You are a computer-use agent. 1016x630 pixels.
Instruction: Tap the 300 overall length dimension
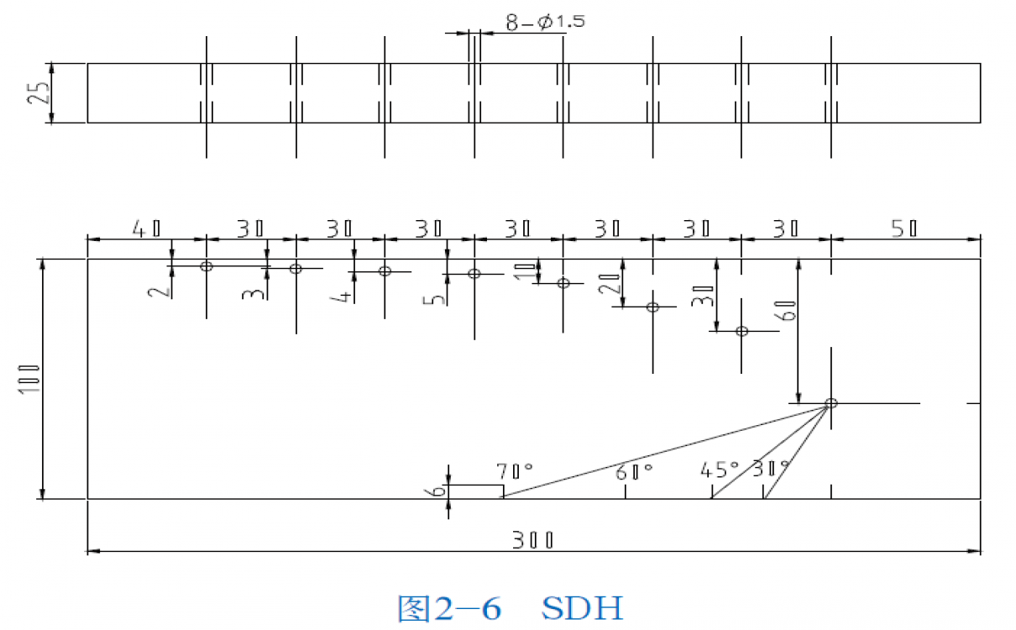click(x=533, y=539)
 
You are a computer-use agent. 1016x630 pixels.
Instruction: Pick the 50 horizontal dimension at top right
click(x=903, y=228)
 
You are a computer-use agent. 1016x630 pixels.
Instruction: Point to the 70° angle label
click(x=515, y=470)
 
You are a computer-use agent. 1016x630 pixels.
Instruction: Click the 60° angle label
click(x=634, y=472)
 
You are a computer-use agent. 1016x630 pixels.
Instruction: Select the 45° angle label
click(x=720, y=468)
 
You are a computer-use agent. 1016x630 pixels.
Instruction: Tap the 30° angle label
click(x=771, y=468)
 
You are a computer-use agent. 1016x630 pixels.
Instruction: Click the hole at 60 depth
click(x=830, y=403)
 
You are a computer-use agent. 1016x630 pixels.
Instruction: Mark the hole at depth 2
click(x=206, y=266)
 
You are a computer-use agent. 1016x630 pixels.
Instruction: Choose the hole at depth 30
click(x=741, y=331)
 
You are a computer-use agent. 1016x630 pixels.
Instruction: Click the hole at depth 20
click(x=652, y=307)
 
